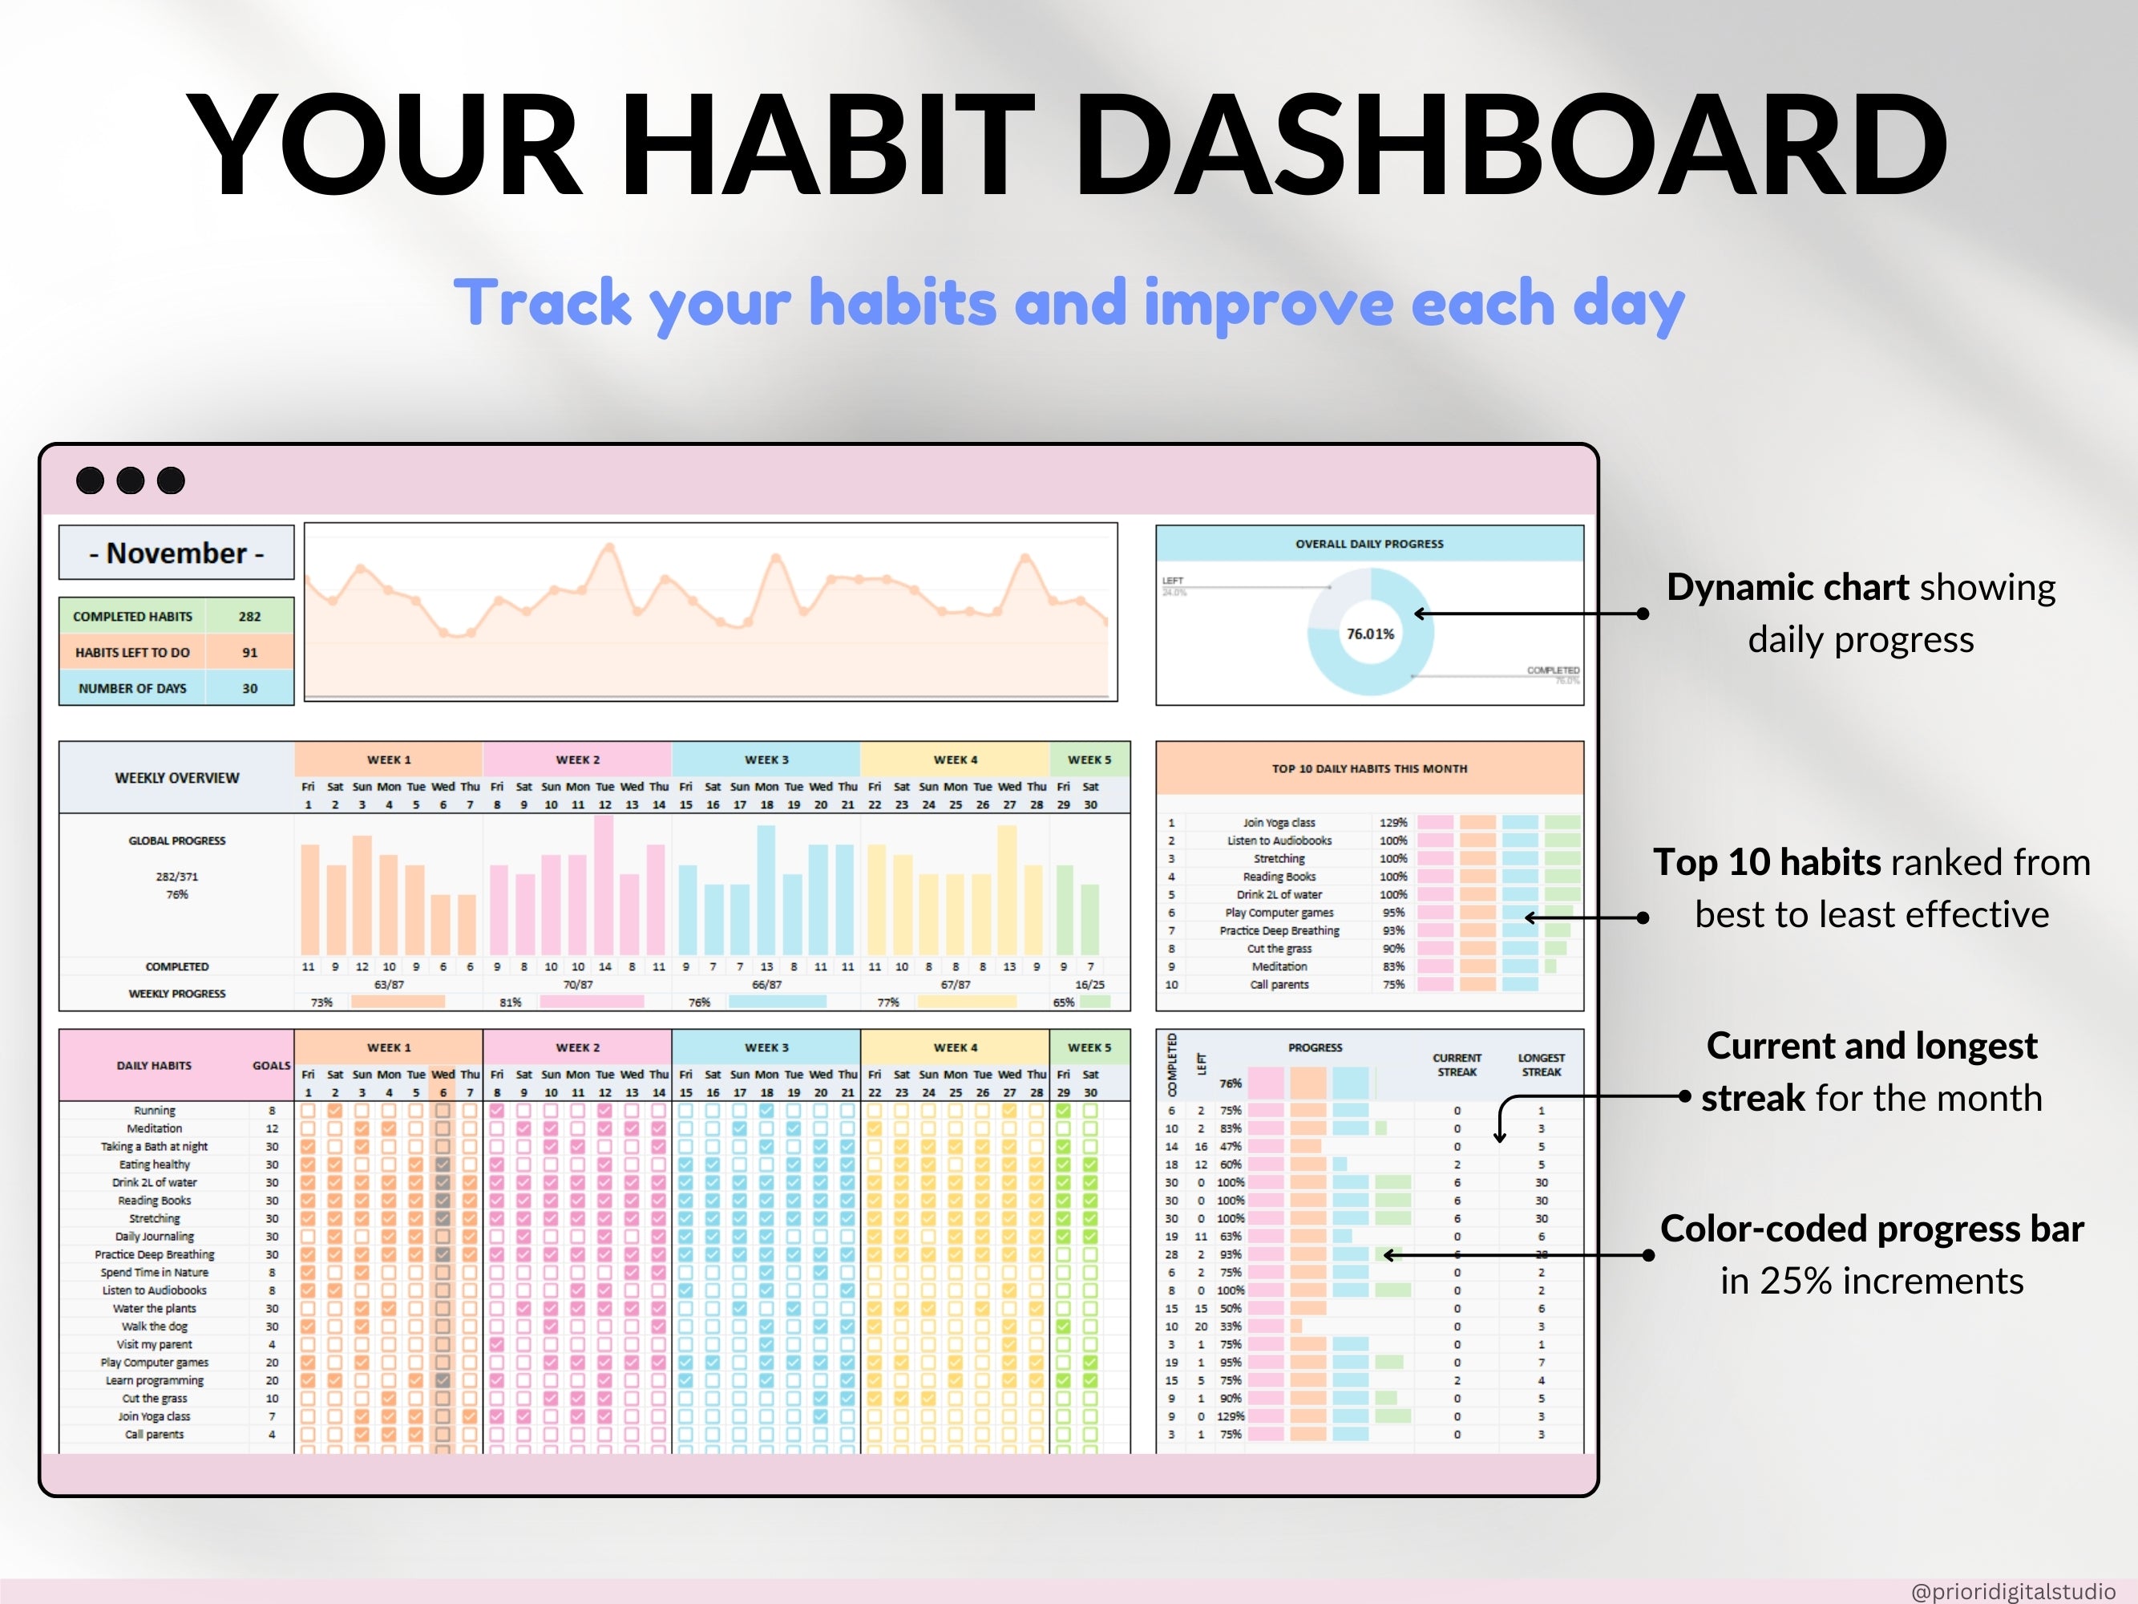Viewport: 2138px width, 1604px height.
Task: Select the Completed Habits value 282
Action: tap(249, 617)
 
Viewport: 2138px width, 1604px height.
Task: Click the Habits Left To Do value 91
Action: tap(249, 653)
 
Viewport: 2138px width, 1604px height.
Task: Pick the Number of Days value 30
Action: tap(249, 688)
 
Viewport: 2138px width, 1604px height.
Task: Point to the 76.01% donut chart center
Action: tap(1369, 634)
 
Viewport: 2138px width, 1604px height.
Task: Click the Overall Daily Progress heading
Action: tap(1368, 545)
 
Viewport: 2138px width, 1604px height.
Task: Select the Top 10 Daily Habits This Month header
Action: tap(1368, 768)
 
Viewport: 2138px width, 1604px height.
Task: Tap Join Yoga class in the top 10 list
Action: tap(1279, 823)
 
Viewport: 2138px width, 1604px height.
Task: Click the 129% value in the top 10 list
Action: tap(1392, 823)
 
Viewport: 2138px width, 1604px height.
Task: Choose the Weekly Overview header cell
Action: tap(177, 778)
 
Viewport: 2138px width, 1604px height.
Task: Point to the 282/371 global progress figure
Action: tap(177, 877)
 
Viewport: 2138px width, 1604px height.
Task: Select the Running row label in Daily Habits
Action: tap(155, 1111)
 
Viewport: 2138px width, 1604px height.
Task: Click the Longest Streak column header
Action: tap(1541, 1064)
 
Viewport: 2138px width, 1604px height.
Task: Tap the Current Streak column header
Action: tap(1457, 1064)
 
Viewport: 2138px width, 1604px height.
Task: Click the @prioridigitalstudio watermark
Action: tap(2012, 1591)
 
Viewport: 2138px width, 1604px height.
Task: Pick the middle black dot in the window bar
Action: tap(131, 480)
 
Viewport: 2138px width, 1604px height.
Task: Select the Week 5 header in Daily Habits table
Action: tap(1089, 1047)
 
